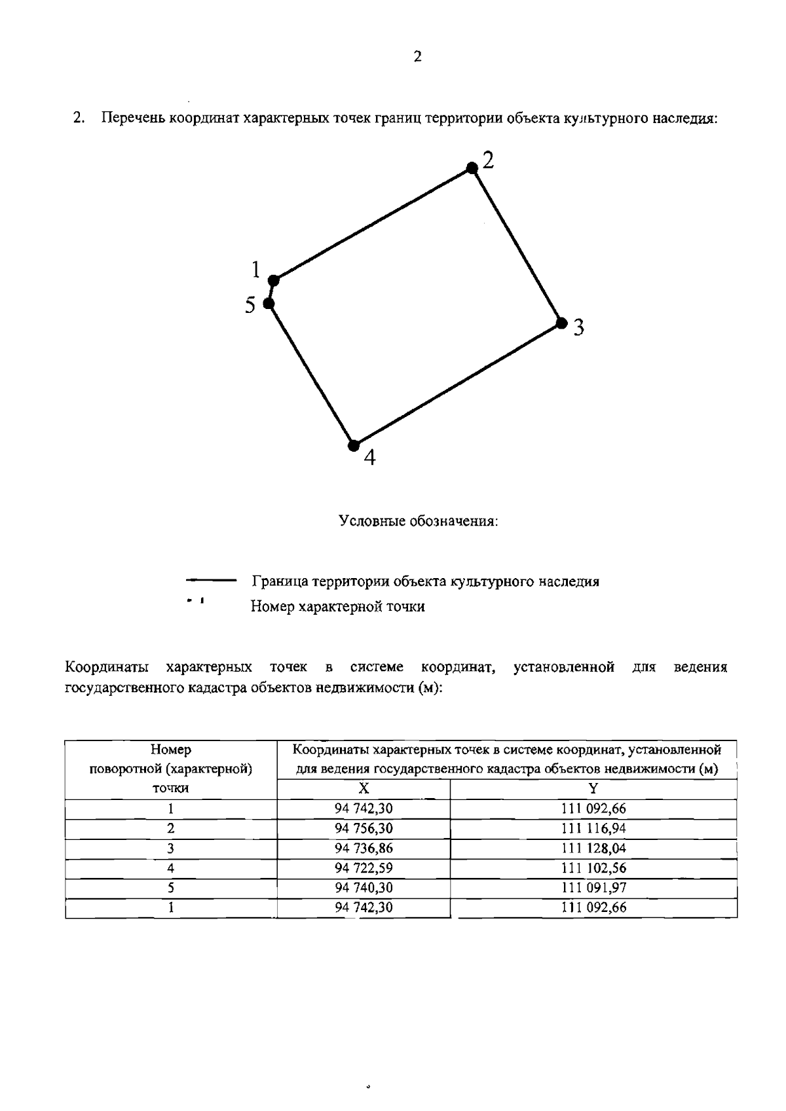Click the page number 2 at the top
[x=418, y=57]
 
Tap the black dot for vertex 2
[x=472, y=168]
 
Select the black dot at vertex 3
[x=561, y=323]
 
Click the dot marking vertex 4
[x=354, y=445]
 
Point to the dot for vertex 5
[x=268, y=303]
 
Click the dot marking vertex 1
[x=274, y=280]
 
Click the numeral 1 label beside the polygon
[x=256, y=269]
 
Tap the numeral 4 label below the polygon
[x=369, y=458]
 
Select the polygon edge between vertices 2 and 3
[x=516, y=246]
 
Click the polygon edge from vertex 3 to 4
[x=457, y=384]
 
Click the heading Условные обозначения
[x=419, y=522]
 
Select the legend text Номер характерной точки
[x=337, y=607]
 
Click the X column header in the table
[x=364, y=789]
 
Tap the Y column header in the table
[x=593, y=789]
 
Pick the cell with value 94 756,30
[x=364, y=828]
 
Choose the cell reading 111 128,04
[x=593, y=848]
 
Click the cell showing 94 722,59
[x=364, y=868]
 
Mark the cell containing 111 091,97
[x=593, y=888]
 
